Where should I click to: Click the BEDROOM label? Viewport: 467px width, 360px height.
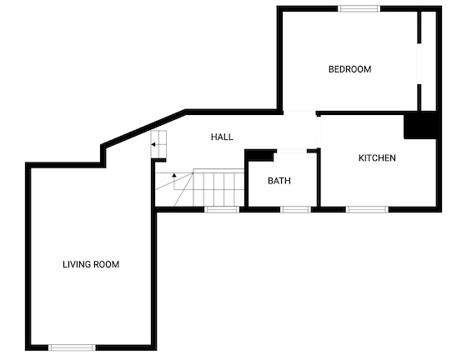click(x=349, y=69)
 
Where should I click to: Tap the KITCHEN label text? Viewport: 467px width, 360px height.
click(x=377, y=158)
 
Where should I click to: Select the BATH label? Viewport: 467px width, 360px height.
click(x=279, y=181)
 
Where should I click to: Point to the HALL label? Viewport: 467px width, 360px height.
click(x=222, y=137)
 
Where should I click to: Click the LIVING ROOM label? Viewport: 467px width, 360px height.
click(x=91, y=264)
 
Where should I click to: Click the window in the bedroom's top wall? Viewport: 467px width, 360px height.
click(x=359, y=8)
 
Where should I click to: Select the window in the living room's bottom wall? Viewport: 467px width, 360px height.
click(x=72, y=347)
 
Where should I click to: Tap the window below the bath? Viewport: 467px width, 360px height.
click(x=295, y=209)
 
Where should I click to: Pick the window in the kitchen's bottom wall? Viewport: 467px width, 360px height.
click(x=367, y=209)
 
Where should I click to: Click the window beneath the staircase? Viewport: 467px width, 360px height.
click(x=222, y=209)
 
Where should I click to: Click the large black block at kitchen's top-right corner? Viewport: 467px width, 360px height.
click(x=420, y=125)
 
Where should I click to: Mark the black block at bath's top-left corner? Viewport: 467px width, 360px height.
click(x=259, y=156)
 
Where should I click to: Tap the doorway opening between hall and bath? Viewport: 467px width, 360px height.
click(x=292, y=152)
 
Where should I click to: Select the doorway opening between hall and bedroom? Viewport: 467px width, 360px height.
click(x=299, y=112)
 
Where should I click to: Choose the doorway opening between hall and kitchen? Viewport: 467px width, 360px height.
click(x=319, y=132)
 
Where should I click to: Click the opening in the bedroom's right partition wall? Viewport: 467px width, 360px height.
click(x=419, y=64)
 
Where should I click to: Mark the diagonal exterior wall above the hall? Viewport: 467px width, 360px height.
click(x=143, y=128)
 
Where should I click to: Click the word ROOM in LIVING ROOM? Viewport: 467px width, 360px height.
click(x=107, y=264)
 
